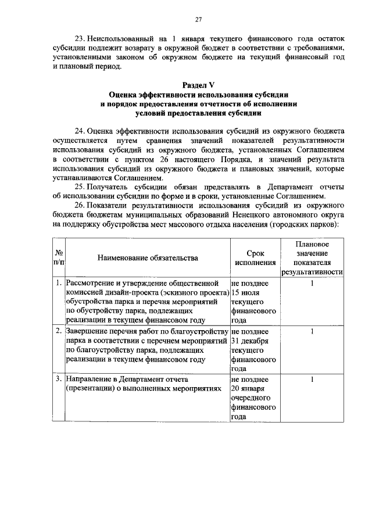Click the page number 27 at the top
tap(198, 20)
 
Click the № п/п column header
tap(58, 257)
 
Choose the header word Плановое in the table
tap(313, 244)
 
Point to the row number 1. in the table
tap(59, 283)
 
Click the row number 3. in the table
tap(59, 379)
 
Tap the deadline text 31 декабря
tap(249, 341)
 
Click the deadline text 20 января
tap(249, 388)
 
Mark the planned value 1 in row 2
tap(312, 331)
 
